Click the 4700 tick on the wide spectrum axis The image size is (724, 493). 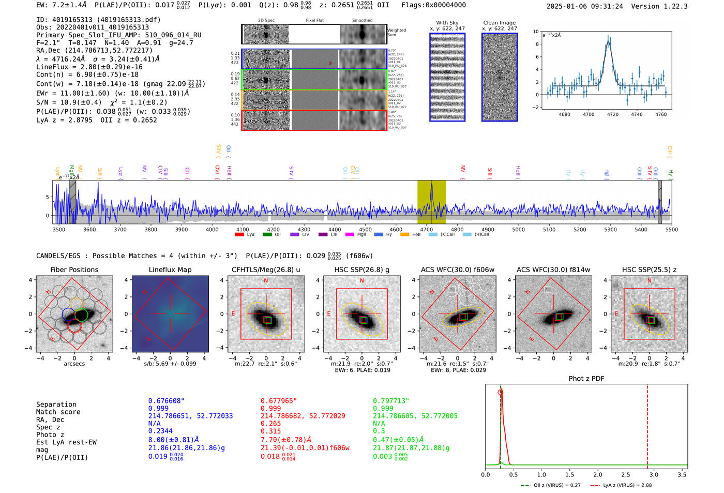point(427,229)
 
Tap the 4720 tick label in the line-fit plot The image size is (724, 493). point(613,114)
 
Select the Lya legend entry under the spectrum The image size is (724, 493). point(245,235)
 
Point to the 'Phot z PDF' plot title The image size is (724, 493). point(586,379)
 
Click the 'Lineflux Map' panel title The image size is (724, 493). point(170,270)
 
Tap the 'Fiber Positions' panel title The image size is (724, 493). point(74,270)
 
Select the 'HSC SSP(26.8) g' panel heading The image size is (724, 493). point(362,270)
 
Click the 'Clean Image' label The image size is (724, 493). point(500,23)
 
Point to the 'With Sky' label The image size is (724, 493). point(447,23)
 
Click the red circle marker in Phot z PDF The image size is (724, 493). point(500,392)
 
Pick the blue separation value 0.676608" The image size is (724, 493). point(167,401)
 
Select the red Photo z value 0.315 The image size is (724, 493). point(271,431)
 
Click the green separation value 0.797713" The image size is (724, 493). point(391,401)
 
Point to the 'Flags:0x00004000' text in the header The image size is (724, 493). point(433,5)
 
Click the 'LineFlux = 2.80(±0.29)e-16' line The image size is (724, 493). point(89,67)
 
